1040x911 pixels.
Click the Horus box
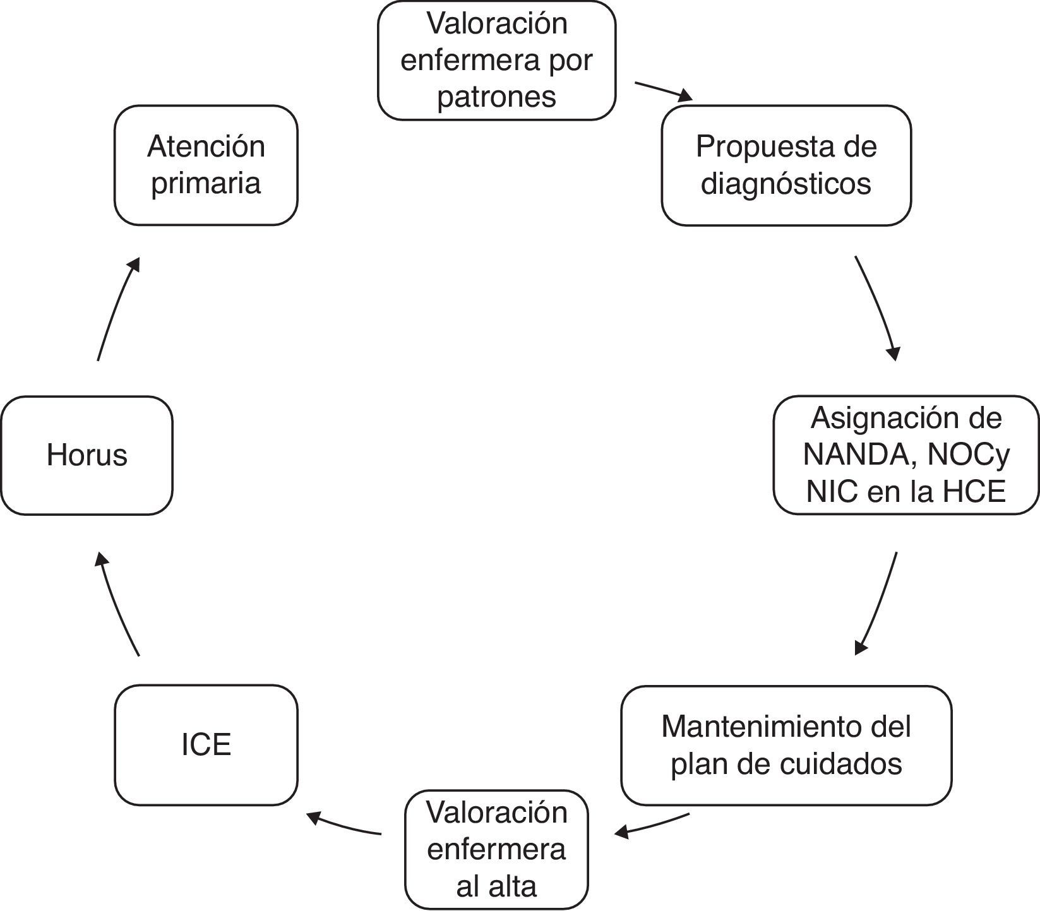(x=87, y=455)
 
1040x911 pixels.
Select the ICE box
(x=206, y=744)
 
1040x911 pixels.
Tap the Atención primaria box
(x=206, y=165)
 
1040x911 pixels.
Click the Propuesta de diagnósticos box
(x=786, y=165)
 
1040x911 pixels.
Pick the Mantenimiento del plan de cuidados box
(x=786, y=745)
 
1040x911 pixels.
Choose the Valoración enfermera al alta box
(x=496, y=849)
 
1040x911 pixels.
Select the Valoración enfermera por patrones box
(x=496, y=60)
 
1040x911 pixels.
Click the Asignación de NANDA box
(x=906, y=455)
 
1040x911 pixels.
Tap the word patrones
(x=496, y=97)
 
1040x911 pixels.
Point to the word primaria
(x=206, y=184)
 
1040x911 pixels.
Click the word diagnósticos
(x=786, y=184)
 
